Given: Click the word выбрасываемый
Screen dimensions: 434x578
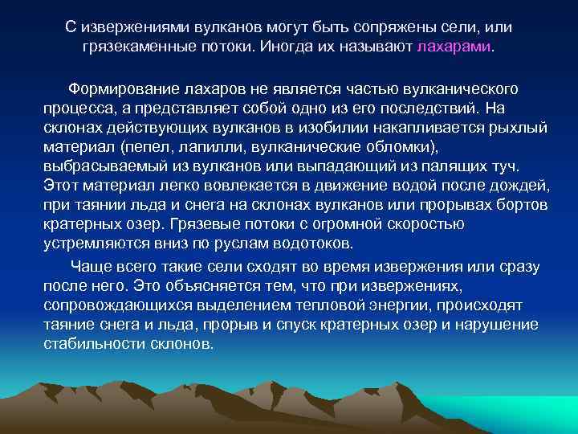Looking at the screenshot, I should coord(101,166).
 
